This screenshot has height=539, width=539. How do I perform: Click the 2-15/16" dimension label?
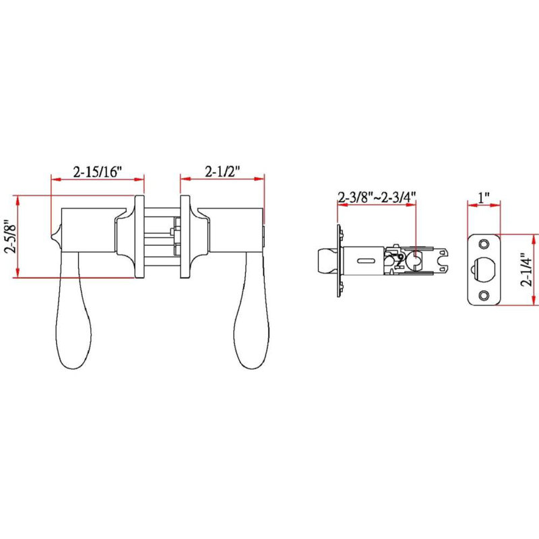coord(98,172)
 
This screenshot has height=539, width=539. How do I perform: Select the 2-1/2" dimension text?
coord(222,171)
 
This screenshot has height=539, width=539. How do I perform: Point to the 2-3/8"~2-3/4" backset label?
coord(377,197)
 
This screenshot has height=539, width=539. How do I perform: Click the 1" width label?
coord(484,197)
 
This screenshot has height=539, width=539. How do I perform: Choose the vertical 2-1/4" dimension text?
coord(526,270)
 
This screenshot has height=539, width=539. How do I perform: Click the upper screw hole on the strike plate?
coord(484,244)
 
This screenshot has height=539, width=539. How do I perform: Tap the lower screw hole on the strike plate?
coord(484,295)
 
